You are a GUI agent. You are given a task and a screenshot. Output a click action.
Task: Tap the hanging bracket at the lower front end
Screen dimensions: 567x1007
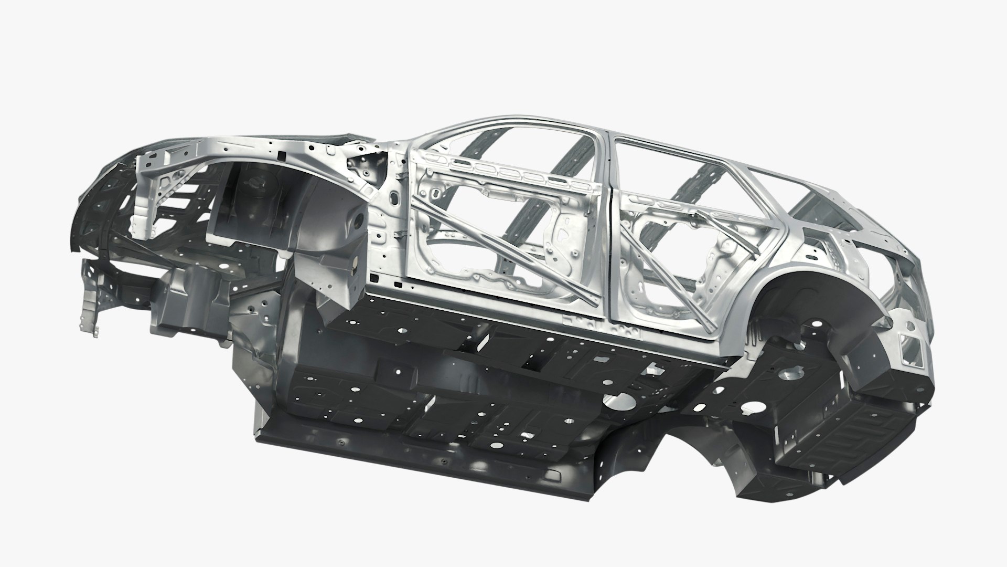click(x=89, y=294)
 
